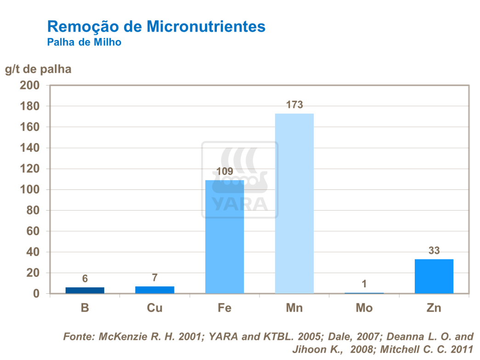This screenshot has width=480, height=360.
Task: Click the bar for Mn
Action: [x=294, y=203]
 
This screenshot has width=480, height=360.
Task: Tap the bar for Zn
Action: [x=434, y=276]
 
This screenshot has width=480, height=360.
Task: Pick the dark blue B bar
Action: [x=85, y=290]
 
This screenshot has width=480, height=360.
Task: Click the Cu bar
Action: [x=154, y=290]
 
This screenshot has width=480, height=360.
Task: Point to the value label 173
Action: [x=294, y=105]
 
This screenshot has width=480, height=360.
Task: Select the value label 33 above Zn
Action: [x=434, y=251]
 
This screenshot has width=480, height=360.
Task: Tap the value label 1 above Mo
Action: [x=364, y=284]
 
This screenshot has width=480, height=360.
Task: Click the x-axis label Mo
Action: [x=364, y=308]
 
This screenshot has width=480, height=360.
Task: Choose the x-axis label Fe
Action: [x=224, y=308]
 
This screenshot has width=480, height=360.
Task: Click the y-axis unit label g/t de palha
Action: [x=38, y=69]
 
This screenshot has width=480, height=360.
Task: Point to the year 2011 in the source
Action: [x=461, y=349]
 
